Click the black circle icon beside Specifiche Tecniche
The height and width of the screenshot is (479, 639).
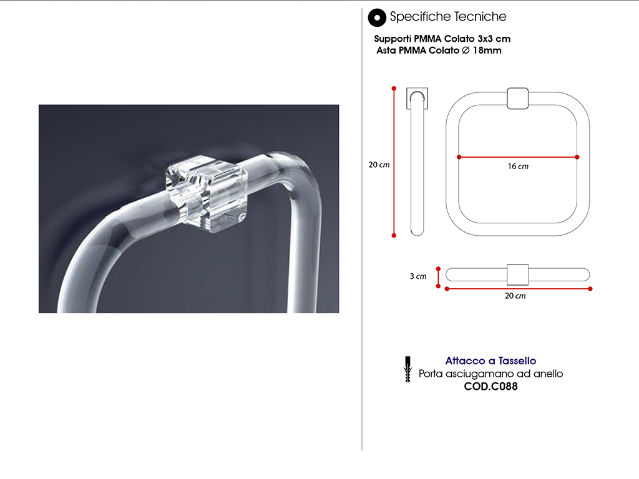pos(377,17)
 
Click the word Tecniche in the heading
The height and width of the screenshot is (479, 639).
pos(480,17)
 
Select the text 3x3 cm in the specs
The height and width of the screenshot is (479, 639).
pos(494,39)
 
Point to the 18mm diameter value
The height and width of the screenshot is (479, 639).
pos(487,51)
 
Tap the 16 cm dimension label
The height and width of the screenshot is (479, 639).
pos(518,166)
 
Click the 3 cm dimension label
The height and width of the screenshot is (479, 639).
pos(418,276)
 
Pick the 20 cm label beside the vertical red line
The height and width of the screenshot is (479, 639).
pos(379,165)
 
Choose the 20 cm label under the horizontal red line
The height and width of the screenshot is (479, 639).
pos(515,296)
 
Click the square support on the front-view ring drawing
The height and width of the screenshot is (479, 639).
pos(517,99)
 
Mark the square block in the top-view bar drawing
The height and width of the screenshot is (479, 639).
pos(517,274)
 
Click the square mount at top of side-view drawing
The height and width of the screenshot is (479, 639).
pos(417,98)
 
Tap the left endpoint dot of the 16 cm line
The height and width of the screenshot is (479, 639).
pos(459,157)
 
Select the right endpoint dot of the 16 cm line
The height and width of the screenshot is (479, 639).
pos(577,157)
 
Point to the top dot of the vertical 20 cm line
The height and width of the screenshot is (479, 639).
pos(394,89)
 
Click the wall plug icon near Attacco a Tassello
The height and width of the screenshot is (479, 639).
pos(407,369)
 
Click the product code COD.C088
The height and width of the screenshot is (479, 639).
pos(490,386)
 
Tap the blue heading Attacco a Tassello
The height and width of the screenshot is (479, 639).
pos(490,360)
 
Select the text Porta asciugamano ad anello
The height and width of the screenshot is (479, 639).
pos(490,374)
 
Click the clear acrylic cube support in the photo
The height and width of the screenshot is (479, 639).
pos(207,195)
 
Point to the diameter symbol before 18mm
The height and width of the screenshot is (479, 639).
pos(466,51)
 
